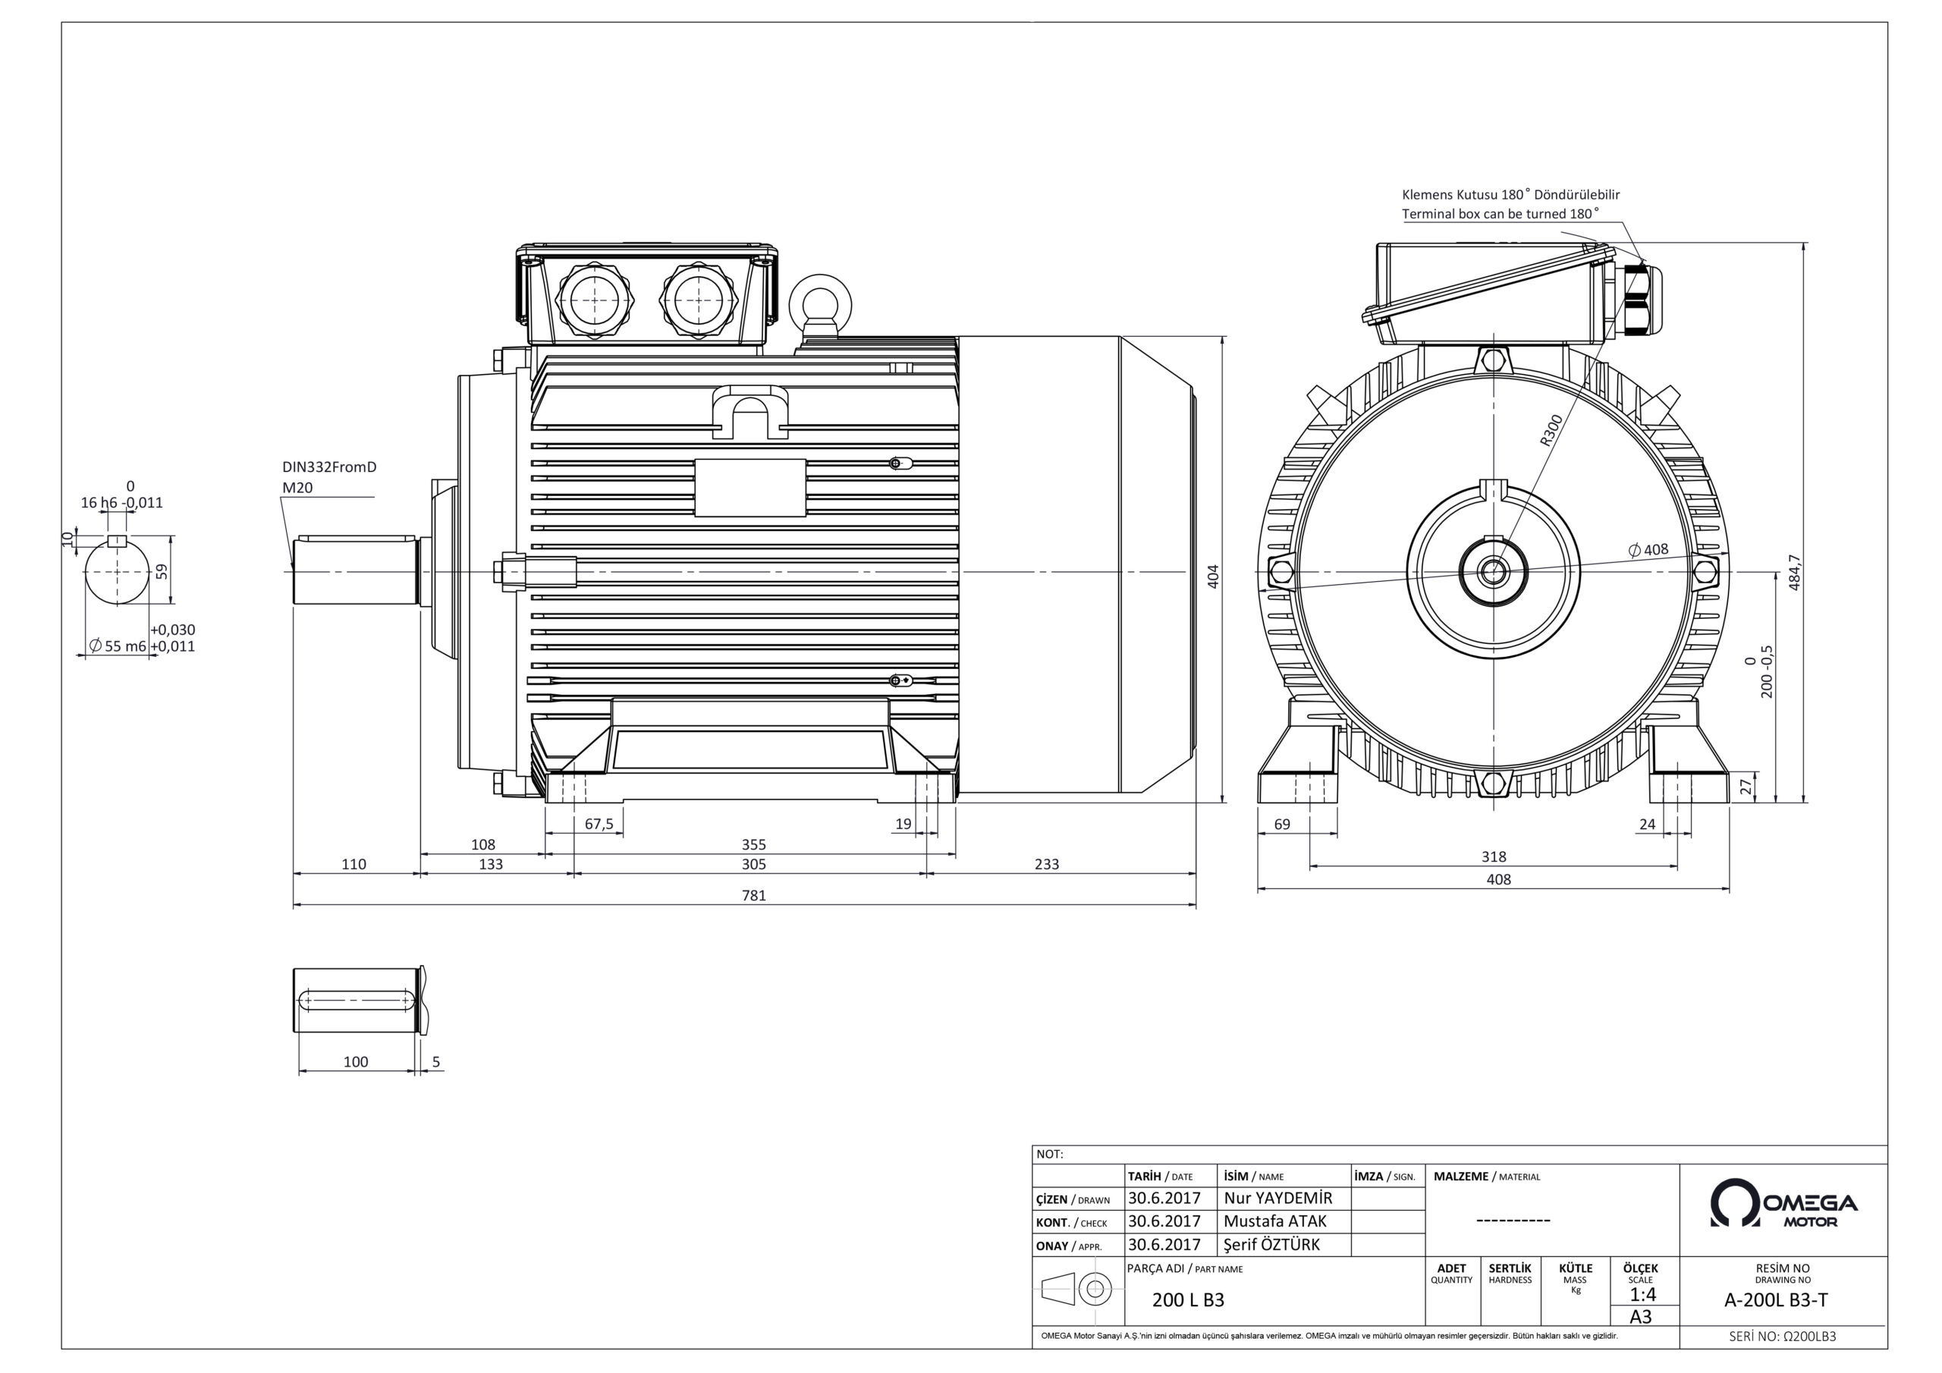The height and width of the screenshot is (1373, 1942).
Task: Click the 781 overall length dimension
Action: click(x=753, y=895)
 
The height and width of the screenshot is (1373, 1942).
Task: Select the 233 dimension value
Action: click(x=1046, y=864)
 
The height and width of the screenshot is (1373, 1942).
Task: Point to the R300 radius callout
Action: click(x=1551, y=430)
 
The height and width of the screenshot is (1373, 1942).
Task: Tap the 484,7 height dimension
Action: click(x=1795, y=572)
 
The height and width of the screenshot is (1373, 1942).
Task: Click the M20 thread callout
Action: click(x=297, y=488)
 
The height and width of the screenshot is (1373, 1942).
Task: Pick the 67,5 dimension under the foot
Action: click(x=599, y=824)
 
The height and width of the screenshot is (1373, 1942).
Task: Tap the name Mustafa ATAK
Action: click(x=1274, y=1221)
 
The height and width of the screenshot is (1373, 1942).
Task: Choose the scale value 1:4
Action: click(x=1642, y=1294)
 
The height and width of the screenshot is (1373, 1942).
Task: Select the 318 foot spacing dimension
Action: click(x=1494, y=856)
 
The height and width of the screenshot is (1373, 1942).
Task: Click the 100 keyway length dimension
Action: click(x=355, y=1062)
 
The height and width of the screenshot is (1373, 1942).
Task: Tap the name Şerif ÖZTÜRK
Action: click(x=1271, y=1244)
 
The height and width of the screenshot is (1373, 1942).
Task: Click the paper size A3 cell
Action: click(x=1641, y=1317)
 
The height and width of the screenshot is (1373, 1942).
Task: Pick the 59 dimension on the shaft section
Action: click(x=162, y=571)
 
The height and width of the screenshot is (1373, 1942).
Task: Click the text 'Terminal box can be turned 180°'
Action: click(x=1500, y=214)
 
